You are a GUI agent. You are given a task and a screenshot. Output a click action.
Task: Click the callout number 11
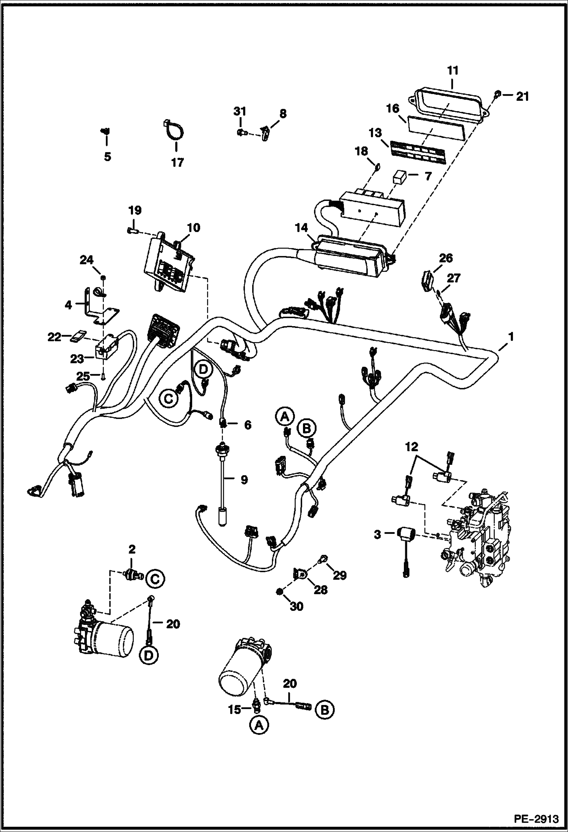pos(453,71)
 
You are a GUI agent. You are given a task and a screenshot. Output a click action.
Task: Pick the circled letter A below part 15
pos(259,726)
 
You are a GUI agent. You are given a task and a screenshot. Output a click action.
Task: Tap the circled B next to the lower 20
pos(325,709)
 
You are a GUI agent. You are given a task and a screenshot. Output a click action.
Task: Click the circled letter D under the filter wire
pos(148,655)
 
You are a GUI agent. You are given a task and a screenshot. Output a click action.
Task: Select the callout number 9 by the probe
pos(244,480)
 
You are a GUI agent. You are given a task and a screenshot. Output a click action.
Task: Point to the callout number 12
pos(412,447)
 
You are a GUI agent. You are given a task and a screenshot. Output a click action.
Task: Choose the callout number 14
pos(302,228)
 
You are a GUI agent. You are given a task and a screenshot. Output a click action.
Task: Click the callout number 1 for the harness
pos(511,336)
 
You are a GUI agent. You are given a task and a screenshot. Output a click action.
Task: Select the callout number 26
pos(446,258)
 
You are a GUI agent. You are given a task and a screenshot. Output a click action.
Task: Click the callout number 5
pos(108,157)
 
